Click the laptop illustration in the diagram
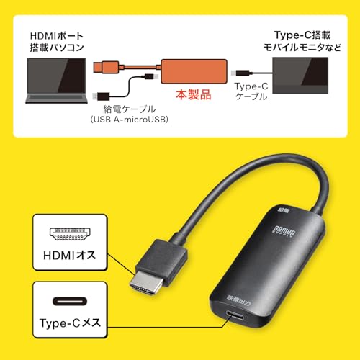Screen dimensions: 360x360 tap(56, 81)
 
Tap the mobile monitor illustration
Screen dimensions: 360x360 tap(300, 75)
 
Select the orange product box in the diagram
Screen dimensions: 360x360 tap(194, 71)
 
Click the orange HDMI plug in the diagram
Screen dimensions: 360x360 tap(106, 67)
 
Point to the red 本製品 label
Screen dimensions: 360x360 tap(194, 94)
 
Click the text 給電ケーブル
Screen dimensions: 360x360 tap(130, 109)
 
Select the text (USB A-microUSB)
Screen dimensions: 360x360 tap(130, 120)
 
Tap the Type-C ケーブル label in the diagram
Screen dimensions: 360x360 tap(251, 91)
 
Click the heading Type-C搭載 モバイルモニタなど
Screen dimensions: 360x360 tap(302, 41)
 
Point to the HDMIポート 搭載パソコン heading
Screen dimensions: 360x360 tap(57, 42)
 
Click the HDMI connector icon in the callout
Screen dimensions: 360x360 tap(70, 234)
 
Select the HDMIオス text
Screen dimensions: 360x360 tap(70, 255)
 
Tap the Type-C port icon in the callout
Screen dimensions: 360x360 tap(70, 301)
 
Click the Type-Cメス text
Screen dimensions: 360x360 tap(70, 323)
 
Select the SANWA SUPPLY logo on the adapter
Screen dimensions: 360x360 tap(284, 231)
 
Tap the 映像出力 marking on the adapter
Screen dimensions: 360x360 tap(239, 300)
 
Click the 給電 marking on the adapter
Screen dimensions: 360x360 tap(284, 210)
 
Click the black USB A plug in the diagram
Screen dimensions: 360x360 tap(102, 96)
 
